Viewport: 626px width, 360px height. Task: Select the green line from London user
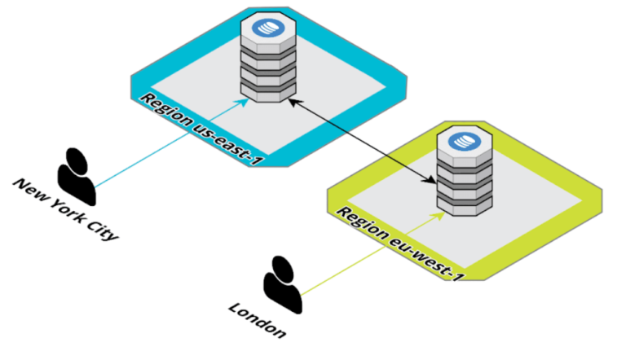click(367, 252)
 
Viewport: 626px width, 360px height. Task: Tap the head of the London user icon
click(282, 266)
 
